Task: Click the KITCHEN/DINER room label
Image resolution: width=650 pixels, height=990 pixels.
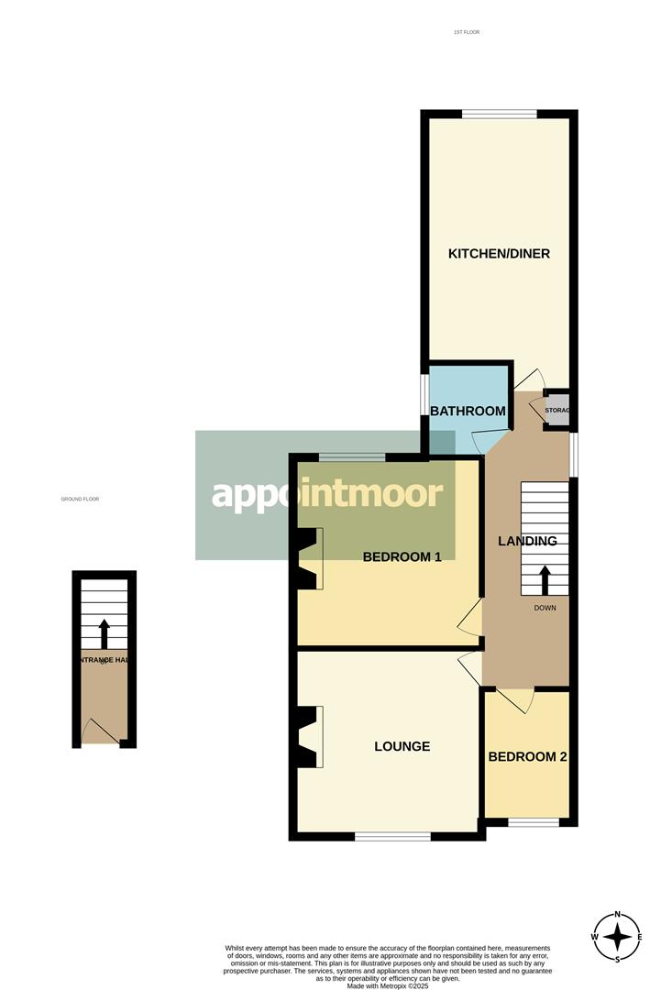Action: click(x=499, y=253)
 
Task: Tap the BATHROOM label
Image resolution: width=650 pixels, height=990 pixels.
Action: click(x=468, y=411)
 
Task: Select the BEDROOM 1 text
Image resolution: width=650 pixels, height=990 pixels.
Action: click(x=402, y=556)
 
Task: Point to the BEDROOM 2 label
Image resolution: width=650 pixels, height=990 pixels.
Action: click(x=527, y=757)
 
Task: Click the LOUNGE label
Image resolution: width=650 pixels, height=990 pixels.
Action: click(x=402, y=746)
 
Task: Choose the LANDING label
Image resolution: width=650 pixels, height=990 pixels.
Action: click(x=527, y=541)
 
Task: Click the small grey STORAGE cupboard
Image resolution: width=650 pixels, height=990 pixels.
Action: click(x=556, y=411)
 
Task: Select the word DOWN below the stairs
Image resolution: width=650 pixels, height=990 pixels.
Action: click(x=545, y=608)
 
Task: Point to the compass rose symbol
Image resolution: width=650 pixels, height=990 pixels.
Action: click(x=617, y=937)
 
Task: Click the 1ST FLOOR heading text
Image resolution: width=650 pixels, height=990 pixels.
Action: click(x=466, y=32)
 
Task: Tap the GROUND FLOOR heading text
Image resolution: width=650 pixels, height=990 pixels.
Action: click(x=80, y=499)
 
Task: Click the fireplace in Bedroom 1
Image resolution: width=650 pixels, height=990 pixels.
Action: click(x=309, y=558)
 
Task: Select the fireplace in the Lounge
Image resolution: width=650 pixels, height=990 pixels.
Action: click(x=309, y=737)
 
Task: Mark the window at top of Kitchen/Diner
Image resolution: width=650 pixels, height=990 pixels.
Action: click(x=499, y=114)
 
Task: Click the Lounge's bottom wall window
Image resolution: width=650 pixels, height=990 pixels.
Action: click(x=392, y=835)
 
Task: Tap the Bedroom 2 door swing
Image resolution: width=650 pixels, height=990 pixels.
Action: click(x=519, y=700)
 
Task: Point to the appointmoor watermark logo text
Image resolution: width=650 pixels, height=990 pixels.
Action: click(x=327, y=495)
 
